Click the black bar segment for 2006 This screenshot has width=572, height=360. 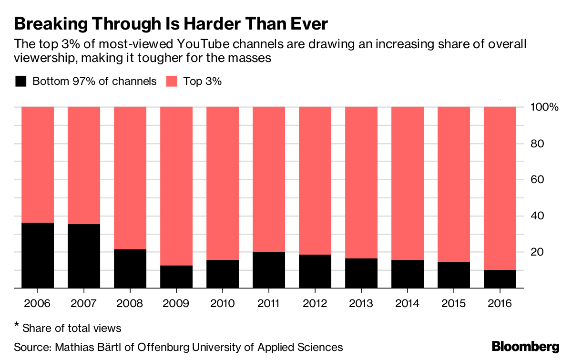pos(38,255)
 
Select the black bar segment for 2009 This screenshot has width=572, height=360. pos(176,277)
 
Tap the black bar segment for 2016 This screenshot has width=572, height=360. pos(500,279)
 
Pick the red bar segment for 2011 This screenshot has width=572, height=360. pos(269,179)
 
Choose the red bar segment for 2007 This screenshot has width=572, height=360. pos(84,165)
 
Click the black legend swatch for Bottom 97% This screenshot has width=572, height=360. pos(20,81)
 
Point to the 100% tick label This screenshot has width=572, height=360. pos(544,107)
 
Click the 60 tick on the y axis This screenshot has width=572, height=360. pos(537,179)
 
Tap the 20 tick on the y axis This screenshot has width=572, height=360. pos(537,252)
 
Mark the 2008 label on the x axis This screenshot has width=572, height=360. pos(130,304)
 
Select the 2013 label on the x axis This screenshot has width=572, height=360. pos(361,304)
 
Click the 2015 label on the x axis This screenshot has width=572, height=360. pos(454,304)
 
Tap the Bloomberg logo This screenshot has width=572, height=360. pos(525,346)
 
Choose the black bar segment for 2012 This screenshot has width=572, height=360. pos(315,271)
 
